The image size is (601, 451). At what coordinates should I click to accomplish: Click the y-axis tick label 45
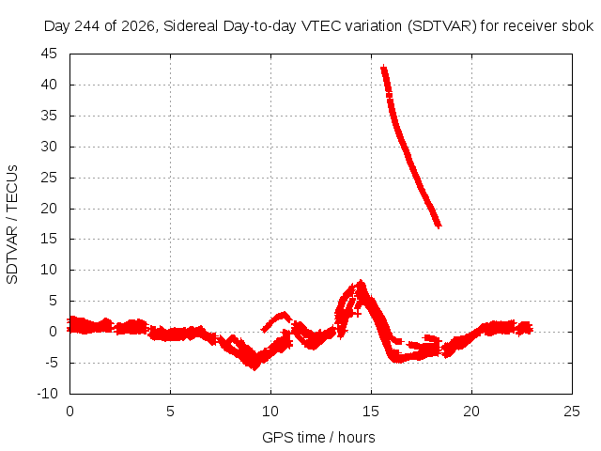(x=49, y=54)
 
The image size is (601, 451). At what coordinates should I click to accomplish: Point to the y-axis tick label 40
(x=49, y=85)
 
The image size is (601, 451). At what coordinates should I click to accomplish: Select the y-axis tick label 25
(x=49, y=178)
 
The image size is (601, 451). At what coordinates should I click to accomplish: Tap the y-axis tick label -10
(x=47, y=394)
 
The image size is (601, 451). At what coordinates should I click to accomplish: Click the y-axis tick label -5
(x=50, y=363)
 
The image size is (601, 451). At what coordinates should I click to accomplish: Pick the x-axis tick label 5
(x=170, y=412)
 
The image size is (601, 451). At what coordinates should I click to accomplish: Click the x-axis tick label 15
(x=371, y=412)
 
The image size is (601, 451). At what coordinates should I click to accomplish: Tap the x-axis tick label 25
(x=572, y=412)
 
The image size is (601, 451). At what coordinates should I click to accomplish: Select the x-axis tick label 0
(x=69, y=412)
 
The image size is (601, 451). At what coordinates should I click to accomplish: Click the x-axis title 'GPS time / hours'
(x=318, y=437)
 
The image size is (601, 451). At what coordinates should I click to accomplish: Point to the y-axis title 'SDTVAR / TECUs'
(x=12, y=225)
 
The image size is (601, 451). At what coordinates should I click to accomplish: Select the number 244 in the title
(x=87, y=26)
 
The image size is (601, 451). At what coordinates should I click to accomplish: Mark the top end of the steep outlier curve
(x=384, y=69)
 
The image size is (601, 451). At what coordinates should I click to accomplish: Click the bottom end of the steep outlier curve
(x=439, y=225)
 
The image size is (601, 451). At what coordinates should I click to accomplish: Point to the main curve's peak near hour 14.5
(x=361, y=283)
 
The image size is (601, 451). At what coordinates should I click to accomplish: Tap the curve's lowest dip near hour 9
(x=254, y=367)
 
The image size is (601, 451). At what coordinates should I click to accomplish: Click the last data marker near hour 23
(x=530, y=329)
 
